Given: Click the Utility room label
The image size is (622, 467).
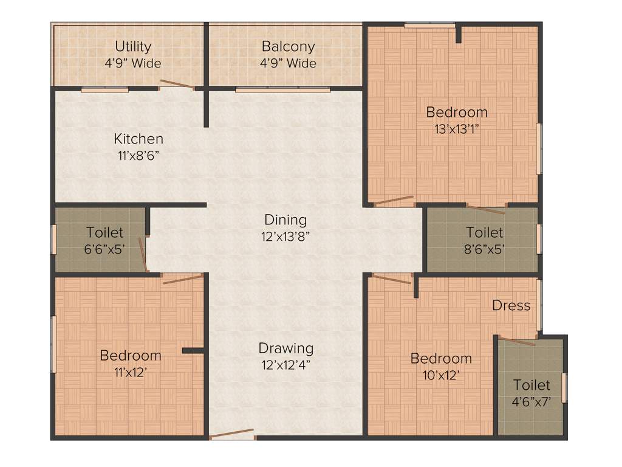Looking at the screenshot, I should point(133,47).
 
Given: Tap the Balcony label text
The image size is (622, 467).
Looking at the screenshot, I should point(288,47).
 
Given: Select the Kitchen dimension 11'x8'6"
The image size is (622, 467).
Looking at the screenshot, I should point(140,154).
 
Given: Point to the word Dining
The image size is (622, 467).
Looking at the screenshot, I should point(285,220).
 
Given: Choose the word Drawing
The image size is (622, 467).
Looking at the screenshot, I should point(286,348).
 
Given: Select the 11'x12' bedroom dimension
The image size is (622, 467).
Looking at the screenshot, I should point(130,372).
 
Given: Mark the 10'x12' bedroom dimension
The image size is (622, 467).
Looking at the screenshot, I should point(440,375).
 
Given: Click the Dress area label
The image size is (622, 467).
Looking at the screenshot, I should point(511,305).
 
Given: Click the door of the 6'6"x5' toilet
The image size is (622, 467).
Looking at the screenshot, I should point(143,254).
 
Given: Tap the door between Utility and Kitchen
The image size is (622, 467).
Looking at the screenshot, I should point(177,85).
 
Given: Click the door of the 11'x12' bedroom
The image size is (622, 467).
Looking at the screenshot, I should point(182,278).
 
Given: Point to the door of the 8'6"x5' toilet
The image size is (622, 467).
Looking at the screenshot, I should point(487,210).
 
